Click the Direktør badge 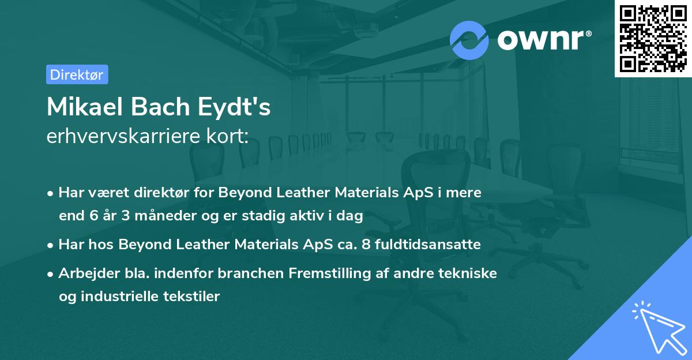tap(77, 74)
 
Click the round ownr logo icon tap(469, 40)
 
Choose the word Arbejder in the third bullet tap(84, 273)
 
